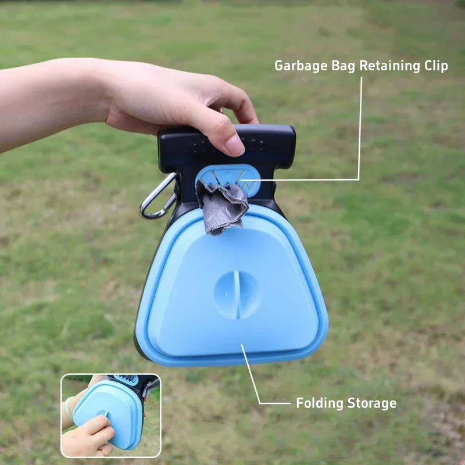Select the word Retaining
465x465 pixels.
[x=387, y=66]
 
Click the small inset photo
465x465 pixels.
[x=110, y=415]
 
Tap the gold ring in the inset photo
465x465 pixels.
[x=102, y=450]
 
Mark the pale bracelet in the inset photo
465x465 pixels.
[x=69, y=407]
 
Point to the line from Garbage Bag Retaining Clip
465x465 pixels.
[x=360, y=128]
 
